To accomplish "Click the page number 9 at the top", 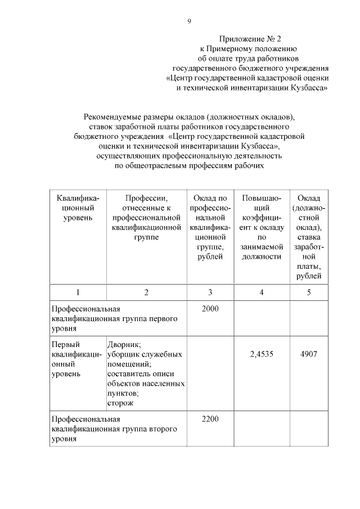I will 190,21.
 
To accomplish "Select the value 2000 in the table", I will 210,309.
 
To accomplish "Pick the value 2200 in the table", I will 210,419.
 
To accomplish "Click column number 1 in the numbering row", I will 78,292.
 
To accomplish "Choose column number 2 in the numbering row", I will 146,292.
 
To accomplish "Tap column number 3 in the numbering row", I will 210,292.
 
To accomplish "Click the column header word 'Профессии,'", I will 147,198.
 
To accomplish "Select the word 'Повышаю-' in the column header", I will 261,198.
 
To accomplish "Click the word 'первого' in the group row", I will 164,319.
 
